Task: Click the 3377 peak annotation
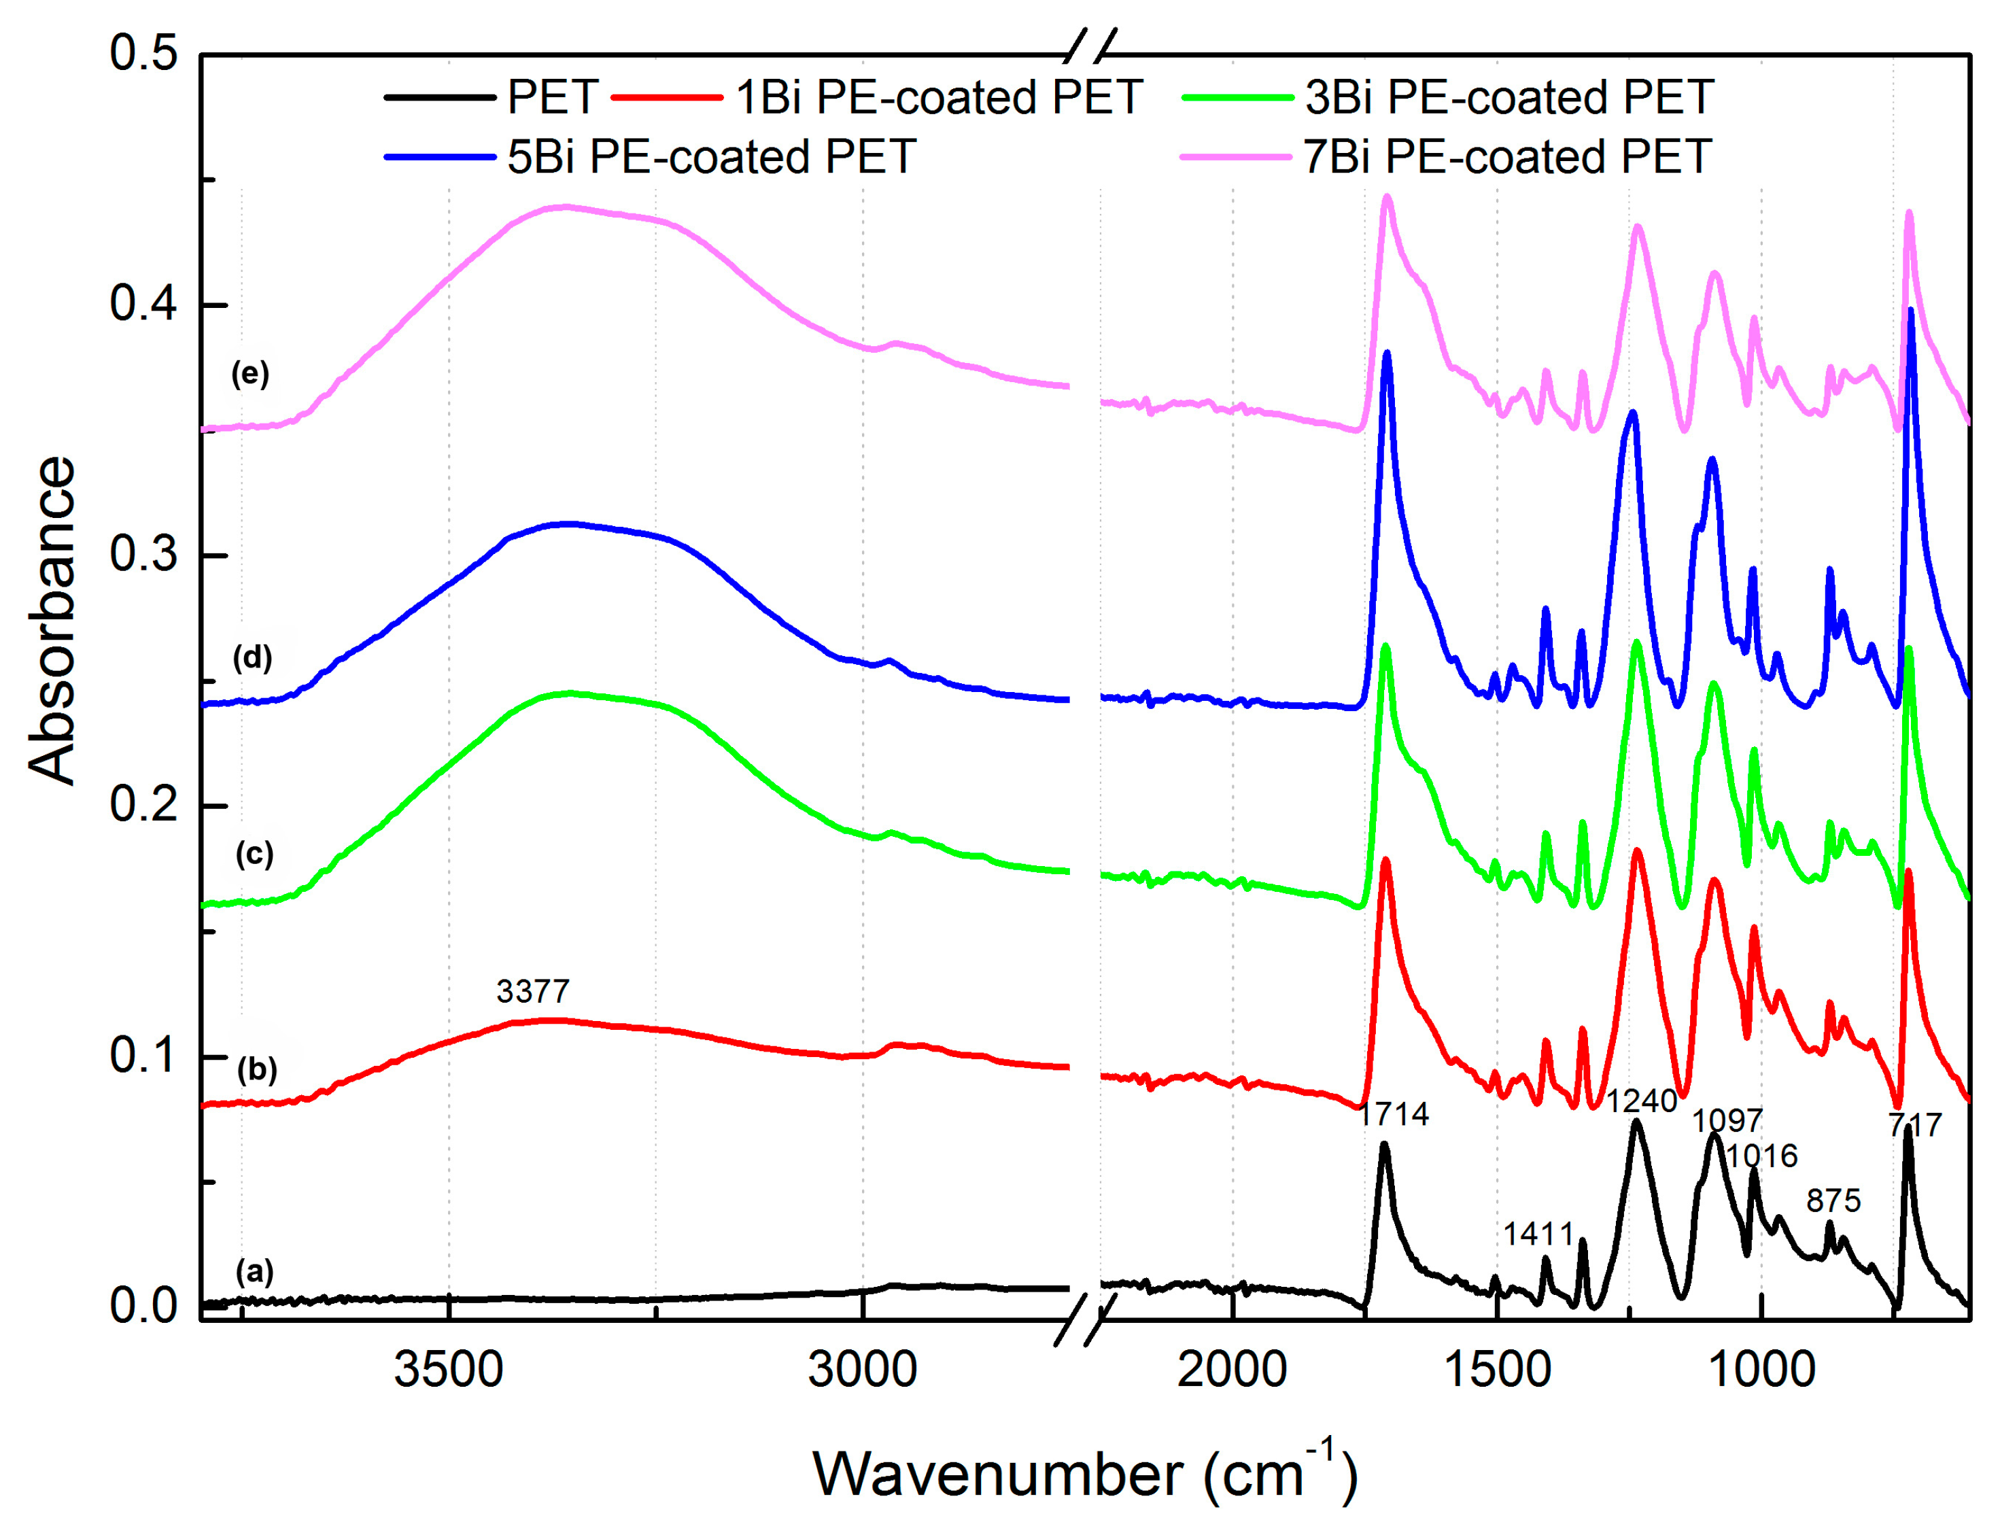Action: pos(532,991)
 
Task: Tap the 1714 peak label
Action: pos(1392,1113)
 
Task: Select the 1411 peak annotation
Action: pos(1538,1234)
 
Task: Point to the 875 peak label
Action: pos(1833,1199)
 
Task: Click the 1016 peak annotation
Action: pos(1762,1156)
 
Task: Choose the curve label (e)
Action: pos(249,373)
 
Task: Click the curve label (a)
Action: pos(254,1271)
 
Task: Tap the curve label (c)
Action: pos(254,854)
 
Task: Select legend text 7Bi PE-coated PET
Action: pos(1507,156)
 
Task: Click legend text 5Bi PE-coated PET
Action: pos(712,156)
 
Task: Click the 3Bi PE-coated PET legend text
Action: pos(1508,97)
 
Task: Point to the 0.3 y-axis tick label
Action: pos(143,555)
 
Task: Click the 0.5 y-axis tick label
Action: pos(143,53)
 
